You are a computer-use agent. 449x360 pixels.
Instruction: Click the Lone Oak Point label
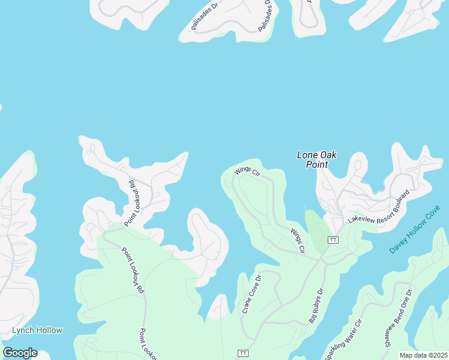317,160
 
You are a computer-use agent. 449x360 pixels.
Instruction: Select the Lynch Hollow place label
37,330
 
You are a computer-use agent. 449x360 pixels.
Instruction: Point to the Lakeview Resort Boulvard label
379,208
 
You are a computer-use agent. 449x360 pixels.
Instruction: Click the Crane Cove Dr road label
252,295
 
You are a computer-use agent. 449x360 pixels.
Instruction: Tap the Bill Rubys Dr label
316,307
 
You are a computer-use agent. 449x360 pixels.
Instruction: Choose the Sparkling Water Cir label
345,339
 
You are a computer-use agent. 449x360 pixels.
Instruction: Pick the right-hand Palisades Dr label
268,16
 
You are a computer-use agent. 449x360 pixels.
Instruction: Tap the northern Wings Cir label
247,171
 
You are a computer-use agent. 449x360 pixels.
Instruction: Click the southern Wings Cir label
298,240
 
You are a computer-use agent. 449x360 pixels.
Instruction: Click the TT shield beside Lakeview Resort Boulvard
333,240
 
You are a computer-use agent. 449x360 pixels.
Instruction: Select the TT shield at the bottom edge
243,353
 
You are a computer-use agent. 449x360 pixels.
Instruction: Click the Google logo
20,353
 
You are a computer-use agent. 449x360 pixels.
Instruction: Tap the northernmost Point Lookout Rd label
132,203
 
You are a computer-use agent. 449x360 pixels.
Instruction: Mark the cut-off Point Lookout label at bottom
149,345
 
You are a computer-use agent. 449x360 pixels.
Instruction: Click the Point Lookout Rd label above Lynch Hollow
133,271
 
